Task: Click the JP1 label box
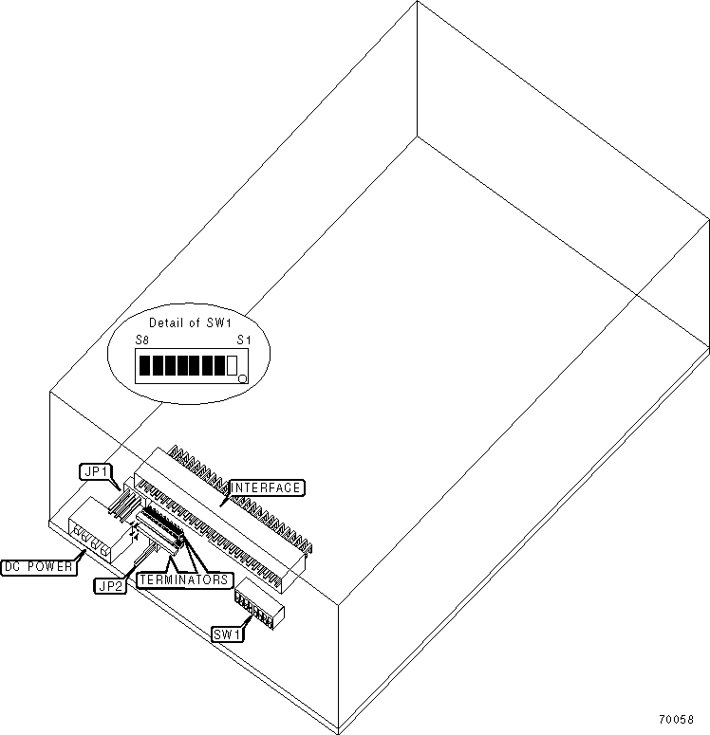click(x=95, y=469)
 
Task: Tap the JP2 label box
click(x=110, y=585)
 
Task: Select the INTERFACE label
click(x=267, y=487)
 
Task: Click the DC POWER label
click(x=38, y=567)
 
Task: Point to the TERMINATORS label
click(x=184, y=579)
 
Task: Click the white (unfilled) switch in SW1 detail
click(x=232, y=365)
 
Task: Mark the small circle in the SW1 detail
click(x=243, y=378)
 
